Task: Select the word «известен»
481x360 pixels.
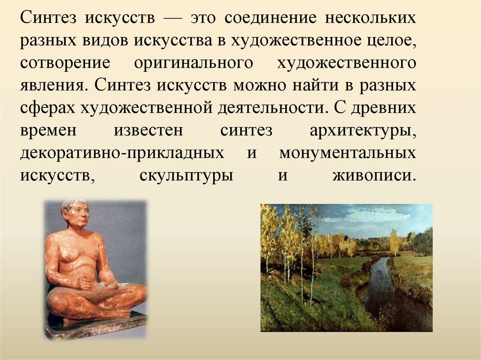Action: [x=148, y=130]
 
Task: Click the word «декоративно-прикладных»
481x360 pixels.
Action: [x=122, y=153]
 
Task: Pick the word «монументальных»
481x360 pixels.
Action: [x=347, y=153]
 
